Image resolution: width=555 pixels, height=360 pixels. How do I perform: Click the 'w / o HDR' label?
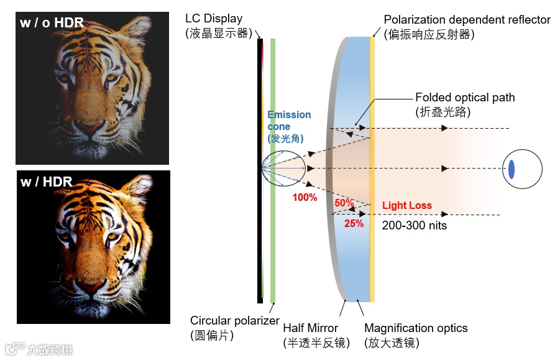coord(52,24)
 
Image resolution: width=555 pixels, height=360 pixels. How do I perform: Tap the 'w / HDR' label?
coord(47,182)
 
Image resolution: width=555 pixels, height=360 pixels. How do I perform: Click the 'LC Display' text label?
coord(214,19)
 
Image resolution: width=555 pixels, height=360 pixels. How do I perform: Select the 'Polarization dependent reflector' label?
coord(467,20)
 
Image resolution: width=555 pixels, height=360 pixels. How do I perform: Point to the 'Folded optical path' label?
coord(465,98)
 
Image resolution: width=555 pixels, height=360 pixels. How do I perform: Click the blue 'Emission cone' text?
coord(289,121)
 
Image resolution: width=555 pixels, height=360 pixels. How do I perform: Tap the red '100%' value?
coord(305,198)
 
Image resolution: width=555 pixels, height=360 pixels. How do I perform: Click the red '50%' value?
coord(344,203)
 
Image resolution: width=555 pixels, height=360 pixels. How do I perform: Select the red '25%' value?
coord(354,223)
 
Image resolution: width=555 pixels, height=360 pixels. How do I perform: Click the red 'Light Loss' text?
coord(406,205)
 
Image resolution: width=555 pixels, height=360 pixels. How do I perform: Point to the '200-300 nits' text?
coord(415,225)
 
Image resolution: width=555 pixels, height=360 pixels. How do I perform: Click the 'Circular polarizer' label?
coord(235,321)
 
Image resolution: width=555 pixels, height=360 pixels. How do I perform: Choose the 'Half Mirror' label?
coord(311,328)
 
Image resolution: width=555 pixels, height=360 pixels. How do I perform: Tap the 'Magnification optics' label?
coord(416,328)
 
